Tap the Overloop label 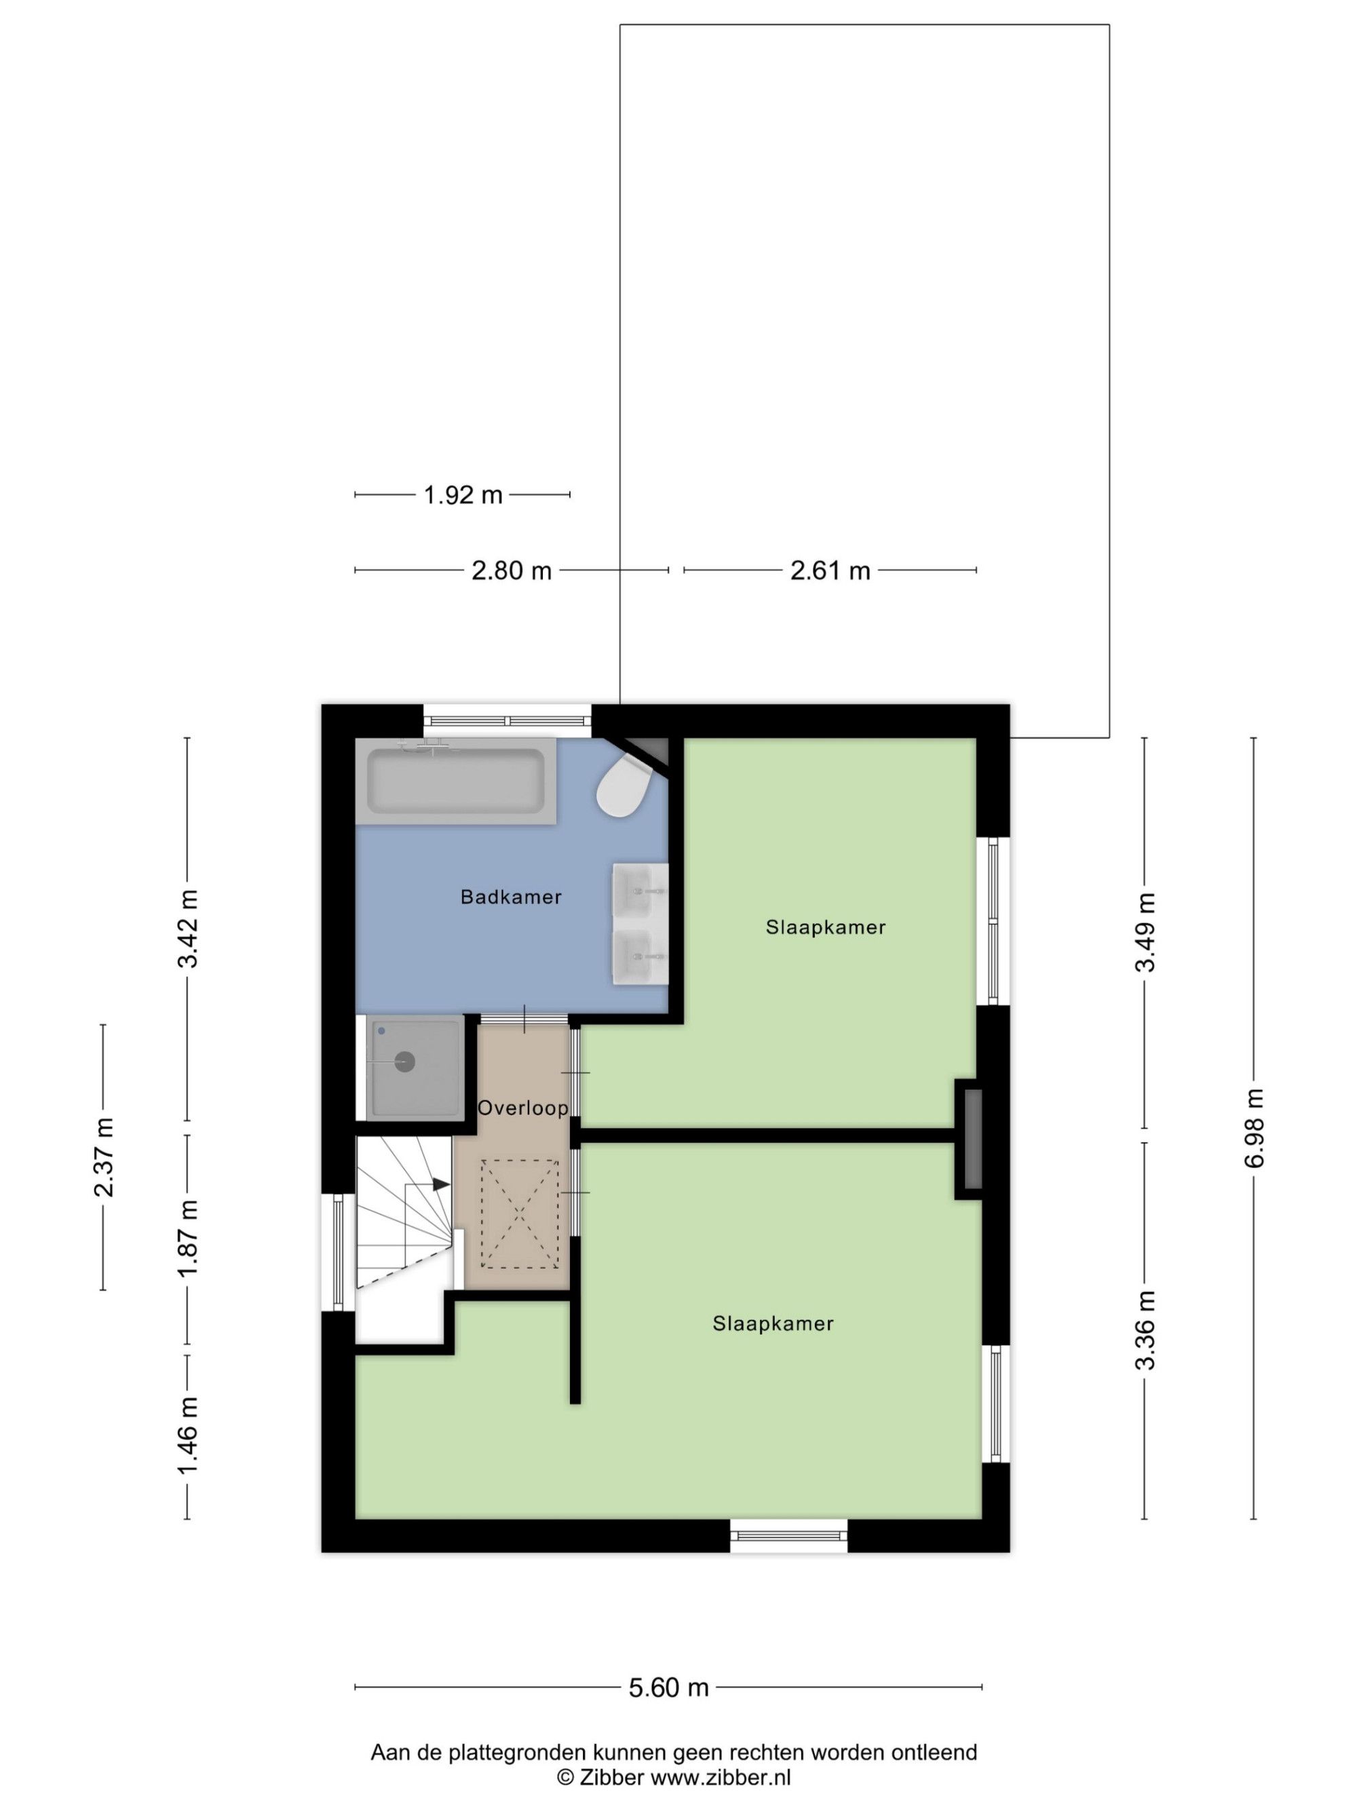(522, 1108)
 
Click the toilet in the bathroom (624, 784)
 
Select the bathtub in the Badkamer (455, 781)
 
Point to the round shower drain (405, 1062)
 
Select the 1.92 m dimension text (463, 494)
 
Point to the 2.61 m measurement (830, 570)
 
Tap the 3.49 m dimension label (1145, 931)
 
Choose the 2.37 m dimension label (104, 1156)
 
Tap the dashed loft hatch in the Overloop (520, 1213)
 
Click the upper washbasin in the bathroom (641, 889)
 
